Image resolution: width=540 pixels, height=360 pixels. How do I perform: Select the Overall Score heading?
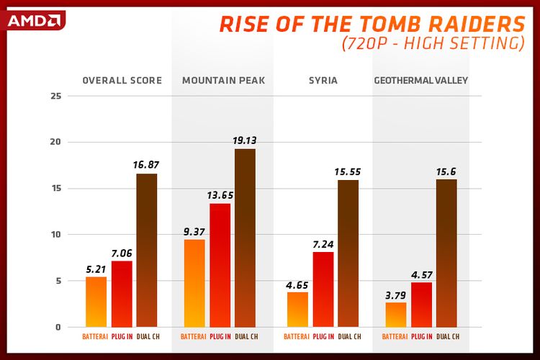tap(121, 81)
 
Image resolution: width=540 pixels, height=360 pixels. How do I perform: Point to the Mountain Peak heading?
tap(223, 81)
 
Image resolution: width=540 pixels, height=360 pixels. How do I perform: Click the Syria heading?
tap(323, 81)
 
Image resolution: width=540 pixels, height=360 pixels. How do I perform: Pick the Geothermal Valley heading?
tap(421, 81)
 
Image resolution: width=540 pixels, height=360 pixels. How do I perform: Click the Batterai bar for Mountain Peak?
tap(194, 284)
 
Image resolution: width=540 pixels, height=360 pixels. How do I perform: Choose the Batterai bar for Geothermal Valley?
tap(396, 315)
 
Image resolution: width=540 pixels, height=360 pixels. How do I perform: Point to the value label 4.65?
tap(297, 284)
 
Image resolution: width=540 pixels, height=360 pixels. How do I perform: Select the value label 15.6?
tap(446, 171)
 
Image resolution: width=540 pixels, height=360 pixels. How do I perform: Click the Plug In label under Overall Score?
tap(122, 336)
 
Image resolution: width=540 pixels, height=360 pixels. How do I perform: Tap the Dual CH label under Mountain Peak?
tap(246, 336)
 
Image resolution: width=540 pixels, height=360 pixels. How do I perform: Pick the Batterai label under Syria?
tap(297, 336)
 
